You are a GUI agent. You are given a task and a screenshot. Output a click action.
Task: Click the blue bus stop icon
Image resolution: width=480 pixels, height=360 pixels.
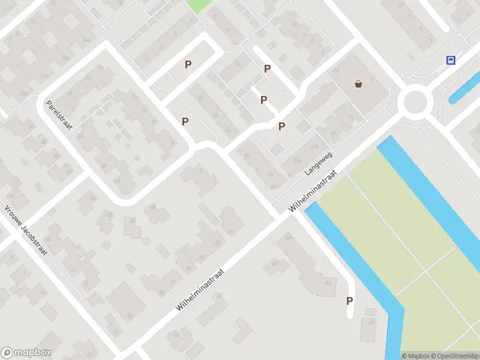click(x=451, y=60)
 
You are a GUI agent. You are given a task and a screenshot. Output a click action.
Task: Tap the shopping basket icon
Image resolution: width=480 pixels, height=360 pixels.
click(x=359, y=84)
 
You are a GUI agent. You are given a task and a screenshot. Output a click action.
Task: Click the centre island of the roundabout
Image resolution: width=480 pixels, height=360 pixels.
click(x=416, y=102)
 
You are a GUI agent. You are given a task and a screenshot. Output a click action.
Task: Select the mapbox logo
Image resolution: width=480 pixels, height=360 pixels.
click(x=26, y=353)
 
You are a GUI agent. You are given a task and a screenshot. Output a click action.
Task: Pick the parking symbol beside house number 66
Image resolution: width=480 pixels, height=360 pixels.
click(x=349, y=301)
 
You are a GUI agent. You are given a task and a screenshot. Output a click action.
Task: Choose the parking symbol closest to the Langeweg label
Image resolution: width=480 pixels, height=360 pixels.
click(x=281, y=126)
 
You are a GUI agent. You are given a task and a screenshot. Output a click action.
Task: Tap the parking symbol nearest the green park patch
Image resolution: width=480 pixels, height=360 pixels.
click(x=188, y=64)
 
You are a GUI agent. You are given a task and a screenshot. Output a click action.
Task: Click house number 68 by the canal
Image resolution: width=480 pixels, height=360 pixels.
click(x=328, y=282)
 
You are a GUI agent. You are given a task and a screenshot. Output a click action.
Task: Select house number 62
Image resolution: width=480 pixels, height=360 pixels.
click(x=275, y=263)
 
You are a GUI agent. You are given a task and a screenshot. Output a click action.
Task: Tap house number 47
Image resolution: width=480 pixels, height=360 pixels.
click(x=230, y=231)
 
